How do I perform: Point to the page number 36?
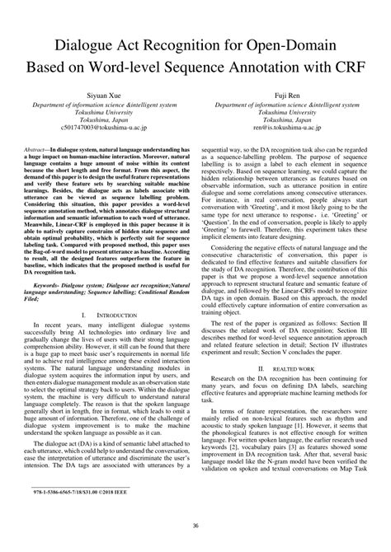coord(195,526)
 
